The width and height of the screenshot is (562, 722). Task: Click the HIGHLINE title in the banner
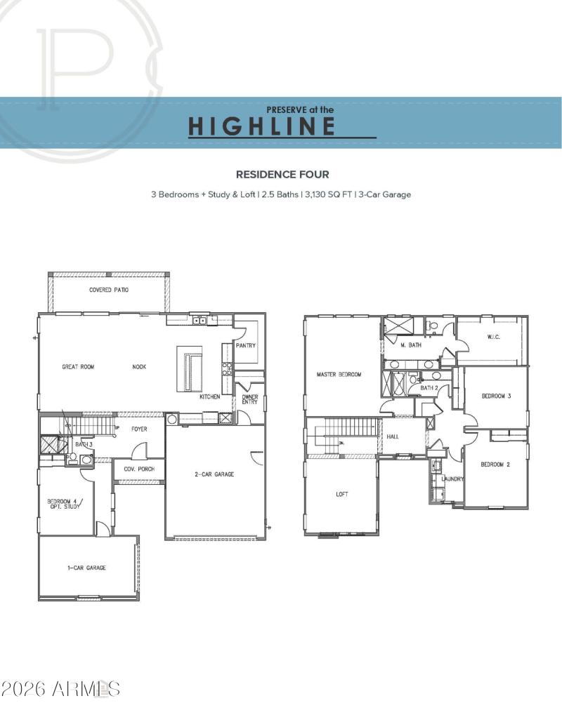261,126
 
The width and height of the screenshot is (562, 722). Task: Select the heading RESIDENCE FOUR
282,174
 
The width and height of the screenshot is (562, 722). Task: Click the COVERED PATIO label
109,290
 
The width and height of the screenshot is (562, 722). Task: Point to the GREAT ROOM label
78,366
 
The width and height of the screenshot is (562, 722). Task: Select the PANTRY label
246,345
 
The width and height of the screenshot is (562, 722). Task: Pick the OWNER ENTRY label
250,399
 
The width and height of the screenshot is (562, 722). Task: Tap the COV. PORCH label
139,469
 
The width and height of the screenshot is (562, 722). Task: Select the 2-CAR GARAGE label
214,474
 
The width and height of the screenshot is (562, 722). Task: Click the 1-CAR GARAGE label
88,568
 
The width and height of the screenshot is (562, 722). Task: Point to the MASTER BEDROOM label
339,375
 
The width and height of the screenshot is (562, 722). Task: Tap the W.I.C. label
493,336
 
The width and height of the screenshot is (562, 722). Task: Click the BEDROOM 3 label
496,396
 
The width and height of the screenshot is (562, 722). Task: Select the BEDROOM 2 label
495,464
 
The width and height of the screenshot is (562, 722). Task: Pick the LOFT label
342,494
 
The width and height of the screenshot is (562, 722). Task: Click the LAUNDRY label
452,479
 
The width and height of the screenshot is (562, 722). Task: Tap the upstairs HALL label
393,436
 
